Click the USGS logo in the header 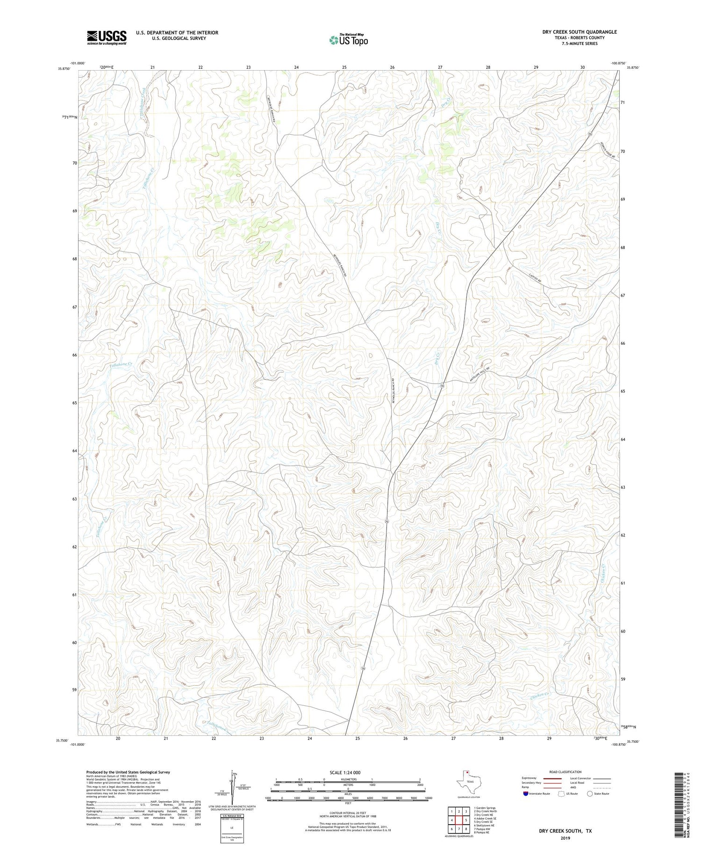click(x=107, y=37)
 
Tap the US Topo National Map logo click(x=348, y=40)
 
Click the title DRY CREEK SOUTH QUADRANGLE click(x=579, y=32)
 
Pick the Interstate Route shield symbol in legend click(x=526, y=794)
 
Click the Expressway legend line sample click(x=551, y=778)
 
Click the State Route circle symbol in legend click(x=590, y=794)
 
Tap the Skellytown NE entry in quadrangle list click(x=484, y=826)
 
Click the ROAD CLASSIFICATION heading click(x=565, y=772)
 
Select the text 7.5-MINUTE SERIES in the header click(x=579, y=43)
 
